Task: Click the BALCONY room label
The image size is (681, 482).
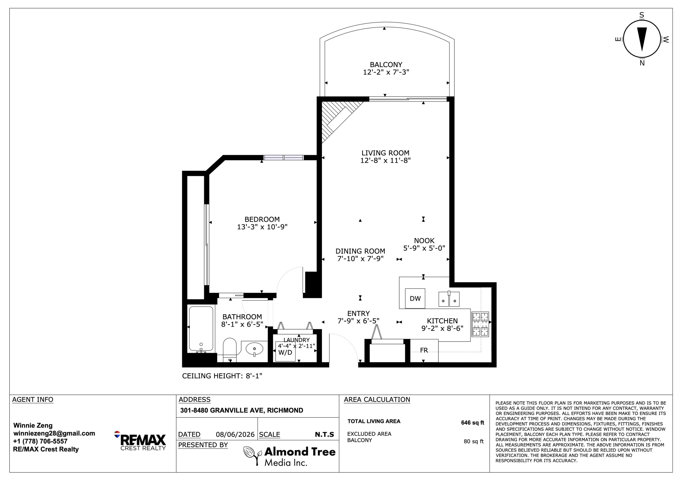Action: click(386, 65)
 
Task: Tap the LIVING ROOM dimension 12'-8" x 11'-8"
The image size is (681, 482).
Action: click(385, 160)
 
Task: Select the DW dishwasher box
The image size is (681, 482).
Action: click(415, 298)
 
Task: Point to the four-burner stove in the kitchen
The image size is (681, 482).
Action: click(480, 324)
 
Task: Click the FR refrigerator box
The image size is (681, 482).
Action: click(424, 350)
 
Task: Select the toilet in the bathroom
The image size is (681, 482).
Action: click(229, 350)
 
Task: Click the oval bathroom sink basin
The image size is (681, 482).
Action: click(254, 349)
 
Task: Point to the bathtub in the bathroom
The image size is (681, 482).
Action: click(201, 329)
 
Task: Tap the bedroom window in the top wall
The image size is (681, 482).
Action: click(284, 158)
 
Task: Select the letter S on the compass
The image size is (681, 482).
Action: click(642, 15)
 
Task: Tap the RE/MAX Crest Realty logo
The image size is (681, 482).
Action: click(140, 441)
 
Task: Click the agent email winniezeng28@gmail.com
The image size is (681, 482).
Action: click(54, 433)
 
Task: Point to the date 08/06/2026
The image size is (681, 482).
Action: click(235, 435)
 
